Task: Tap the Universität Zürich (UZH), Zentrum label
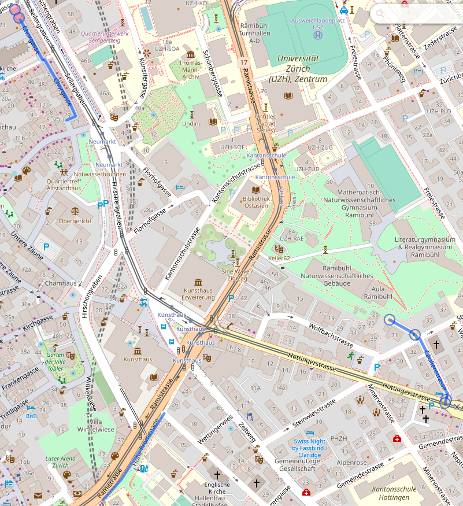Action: pos(298,68)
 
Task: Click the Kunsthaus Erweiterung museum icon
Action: pos(198,280)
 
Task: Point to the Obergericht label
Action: pos(75,221)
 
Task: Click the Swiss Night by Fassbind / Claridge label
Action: pos(310,448)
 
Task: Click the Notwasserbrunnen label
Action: pos(100,174)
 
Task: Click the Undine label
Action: pos(192,123)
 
